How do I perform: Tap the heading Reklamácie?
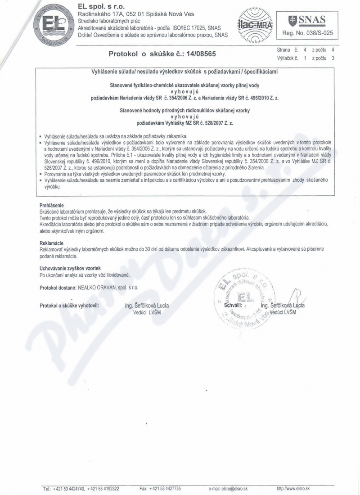click(x=52, y=243)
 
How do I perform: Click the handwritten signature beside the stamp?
click(x=294, y=297)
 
